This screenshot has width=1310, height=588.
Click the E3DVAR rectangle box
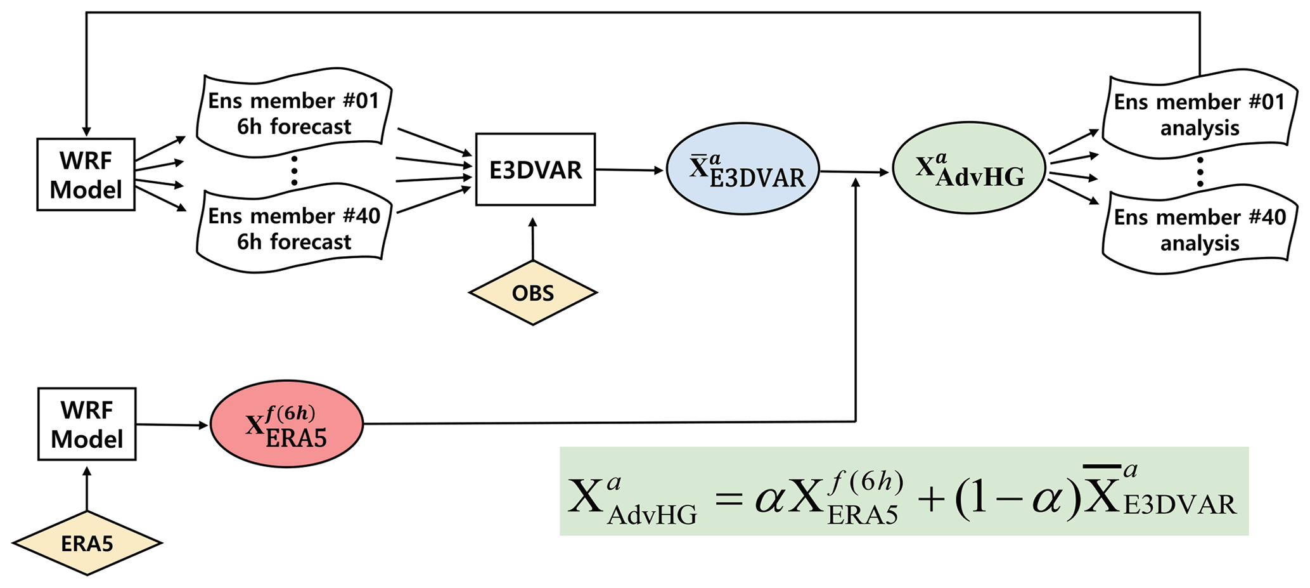point(535,169)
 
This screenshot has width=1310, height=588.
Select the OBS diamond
point(532,293)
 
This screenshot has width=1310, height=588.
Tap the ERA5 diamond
point(87,543)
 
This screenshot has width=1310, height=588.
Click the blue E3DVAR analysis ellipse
point(743,169)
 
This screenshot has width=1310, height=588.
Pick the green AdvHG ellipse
point(968,169)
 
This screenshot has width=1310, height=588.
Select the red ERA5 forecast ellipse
point(286,424)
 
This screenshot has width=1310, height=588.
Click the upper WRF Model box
point(86,174)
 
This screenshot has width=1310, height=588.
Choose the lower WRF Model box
point(87,424)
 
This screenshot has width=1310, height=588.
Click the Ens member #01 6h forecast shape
point(293,114)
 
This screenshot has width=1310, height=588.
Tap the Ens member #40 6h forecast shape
point(293,229)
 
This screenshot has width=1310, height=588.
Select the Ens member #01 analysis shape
point(1199,115)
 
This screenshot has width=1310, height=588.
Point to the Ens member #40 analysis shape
point(1199,230)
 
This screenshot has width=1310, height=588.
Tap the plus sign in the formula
point(930,499)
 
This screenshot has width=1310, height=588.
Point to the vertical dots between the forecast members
point(294,171)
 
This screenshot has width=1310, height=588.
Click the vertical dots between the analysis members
point(1200,173)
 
